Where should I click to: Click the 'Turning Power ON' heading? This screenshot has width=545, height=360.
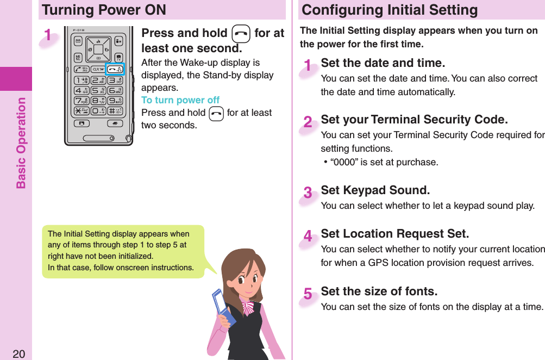coord(104,10)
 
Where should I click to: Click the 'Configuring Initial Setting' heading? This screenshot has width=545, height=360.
coord(390,10)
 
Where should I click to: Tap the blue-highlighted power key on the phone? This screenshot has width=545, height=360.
coord(115,69)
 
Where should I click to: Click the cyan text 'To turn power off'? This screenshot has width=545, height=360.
coord(180,100)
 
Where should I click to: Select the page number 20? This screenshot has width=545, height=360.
coord(18,354)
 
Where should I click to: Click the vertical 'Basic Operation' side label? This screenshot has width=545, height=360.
coord(21,142)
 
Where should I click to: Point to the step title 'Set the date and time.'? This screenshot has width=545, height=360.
coord(383,64)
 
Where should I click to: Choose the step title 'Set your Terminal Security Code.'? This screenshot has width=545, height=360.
coord(414,120)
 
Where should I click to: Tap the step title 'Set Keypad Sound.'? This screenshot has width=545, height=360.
coord(375,190)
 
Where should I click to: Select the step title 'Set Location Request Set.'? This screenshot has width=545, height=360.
coord(394,234)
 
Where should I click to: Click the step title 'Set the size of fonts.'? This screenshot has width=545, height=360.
coord(379,291)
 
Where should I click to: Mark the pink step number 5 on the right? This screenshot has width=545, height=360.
coord(308,294)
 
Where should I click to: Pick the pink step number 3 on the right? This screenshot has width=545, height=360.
coord(308,193)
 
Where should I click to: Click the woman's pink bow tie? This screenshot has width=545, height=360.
coord(248,308)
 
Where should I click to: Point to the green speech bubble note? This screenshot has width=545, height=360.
coord(123,251)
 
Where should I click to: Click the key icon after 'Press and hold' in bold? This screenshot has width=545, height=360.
coord(241,34)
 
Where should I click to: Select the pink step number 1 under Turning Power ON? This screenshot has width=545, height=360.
coord(49,36)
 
